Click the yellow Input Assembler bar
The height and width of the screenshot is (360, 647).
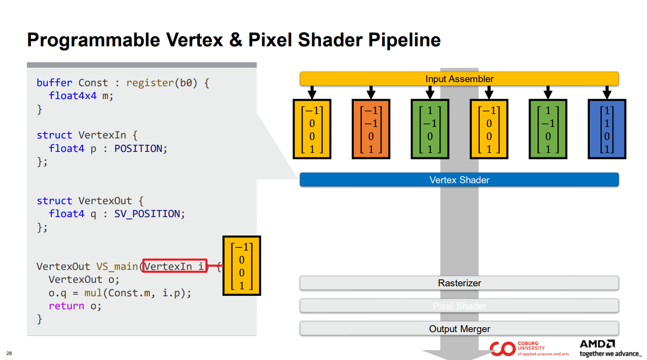coord(459,79)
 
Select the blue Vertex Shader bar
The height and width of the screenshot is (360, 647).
coord(459,180)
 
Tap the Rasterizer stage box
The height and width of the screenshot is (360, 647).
coord(459,283)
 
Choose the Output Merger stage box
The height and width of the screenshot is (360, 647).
coord(459,329)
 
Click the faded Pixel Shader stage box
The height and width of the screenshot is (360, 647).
coord(459,306)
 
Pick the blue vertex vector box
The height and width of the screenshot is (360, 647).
coord(607,129)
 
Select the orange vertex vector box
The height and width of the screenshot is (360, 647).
coord(371,129)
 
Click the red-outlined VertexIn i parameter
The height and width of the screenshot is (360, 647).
coord(174,266)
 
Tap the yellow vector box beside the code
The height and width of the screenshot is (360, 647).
coord(242,266)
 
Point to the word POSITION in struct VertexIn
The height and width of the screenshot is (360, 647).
coord(138,148)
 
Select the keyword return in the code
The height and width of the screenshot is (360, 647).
coord(66,306)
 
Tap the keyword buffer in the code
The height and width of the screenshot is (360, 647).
coord(54,83)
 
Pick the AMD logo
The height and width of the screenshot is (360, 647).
coord(597,344)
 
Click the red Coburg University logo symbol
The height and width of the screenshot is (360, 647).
coord(502,349)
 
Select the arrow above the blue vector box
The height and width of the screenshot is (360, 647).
coord(607,92)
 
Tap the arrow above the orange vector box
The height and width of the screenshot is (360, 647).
coord(371,92)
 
